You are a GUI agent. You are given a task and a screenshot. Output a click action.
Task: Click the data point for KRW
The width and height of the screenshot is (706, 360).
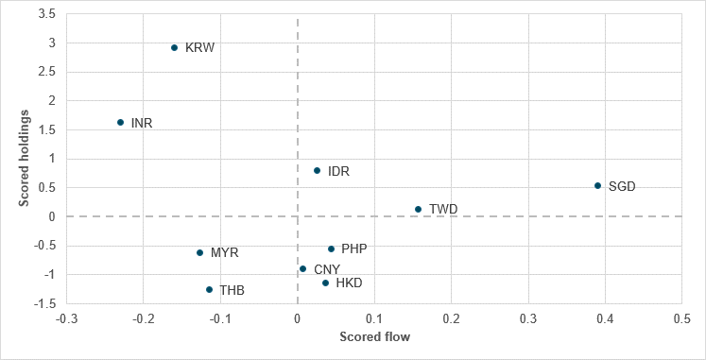174,47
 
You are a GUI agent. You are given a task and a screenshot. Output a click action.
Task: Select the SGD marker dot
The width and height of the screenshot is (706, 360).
597,186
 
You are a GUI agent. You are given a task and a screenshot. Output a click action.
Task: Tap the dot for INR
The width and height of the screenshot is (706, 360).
120,122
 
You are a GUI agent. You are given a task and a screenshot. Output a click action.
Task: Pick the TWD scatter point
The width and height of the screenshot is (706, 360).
418,209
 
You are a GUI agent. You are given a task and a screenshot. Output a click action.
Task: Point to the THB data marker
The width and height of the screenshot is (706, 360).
209,289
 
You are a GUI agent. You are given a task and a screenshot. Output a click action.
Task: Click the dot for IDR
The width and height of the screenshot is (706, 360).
317,170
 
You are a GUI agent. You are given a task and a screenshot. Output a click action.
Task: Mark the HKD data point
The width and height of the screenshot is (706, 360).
325,283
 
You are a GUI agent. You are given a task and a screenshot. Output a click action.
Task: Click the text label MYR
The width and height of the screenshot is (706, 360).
224,253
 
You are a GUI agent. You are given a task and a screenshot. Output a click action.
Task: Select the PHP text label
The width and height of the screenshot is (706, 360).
353,249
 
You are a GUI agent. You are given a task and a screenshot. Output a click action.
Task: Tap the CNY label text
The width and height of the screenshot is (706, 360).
326,269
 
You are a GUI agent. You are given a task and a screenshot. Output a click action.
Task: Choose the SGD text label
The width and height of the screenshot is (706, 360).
622,186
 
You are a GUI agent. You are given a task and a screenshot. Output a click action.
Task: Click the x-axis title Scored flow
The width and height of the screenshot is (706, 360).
373,336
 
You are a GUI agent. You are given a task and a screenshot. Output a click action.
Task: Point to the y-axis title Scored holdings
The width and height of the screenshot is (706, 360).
26,158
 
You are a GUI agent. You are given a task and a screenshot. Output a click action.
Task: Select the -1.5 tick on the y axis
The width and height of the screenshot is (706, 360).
44,303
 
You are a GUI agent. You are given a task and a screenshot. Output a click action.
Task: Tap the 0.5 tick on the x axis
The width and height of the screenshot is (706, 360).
681,319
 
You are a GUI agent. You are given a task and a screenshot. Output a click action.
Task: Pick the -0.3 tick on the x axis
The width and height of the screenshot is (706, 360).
66,319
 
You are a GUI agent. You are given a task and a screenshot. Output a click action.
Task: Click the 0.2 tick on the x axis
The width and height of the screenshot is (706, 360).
451,319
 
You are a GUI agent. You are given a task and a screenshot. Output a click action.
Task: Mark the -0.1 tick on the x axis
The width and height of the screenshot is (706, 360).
220,319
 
